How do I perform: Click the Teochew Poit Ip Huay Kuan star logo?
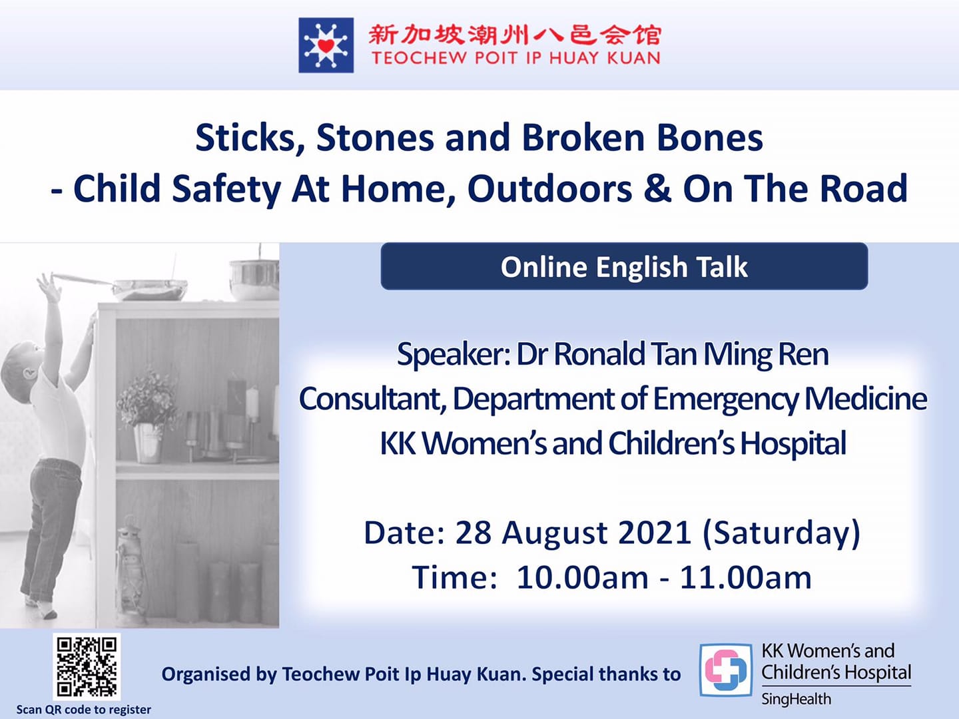[x=326, y=45]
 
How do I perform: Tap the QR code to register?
[x=87, y=666]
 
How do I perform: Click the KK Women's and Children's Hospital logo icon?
[x=726, y=670]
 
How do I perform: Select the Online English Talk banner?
[x=624, y=266]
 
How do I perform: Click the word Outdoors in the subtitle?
[x=549, y=189]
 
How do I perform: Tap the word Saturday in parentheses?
[x=781, y=533]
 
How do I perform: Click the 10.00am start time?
[x=582, y=578]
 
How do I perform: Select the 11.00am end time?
[x=745, y=578]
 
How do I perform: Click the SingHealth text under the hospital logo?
[x=796, y=699]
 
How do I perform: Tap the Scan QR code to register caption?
[x=83, y=710]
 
